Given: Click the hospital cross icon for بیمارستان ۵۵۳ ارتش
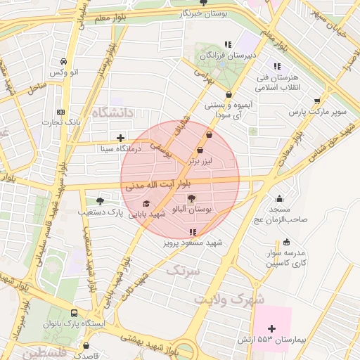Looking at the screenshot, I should click(272, 328).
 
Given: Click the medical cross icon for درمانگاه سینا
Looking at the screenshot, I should click(121, 138).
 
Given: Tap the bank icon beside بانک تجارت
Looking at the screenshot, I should click(61, 112).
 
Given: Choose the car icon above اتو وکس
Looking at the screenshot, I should click(65, 61).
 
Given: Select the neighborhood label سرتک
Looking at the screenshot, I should click(184, 269).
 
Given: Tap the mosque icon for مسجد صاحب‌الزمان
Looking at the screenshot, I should click(280, 198).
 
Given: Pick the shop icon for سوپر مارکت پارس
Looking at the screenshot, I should click(317, 101).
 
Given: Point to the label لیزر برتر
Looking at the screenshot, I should click(199, 161).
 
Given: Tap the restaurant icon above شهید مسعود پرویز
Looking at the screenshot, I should click(193, 231).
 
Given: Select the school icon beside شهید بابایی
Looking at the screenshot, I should click(146, 204).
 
